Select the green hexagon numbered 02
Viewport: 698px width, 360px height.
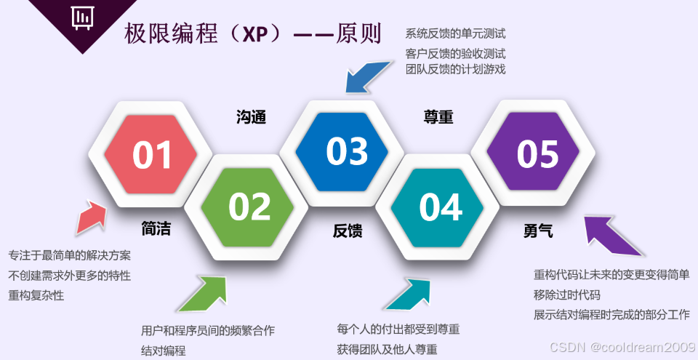pyautogui.click(x=249, y=207)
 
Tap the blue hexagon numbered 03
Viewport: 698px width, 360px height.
pyautogui.click(x=346, y=151)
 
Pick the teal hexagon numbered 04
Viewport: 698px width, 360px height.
pyautogui.click(x=441, y=207)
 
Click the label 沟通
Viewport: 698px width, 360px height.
pyautogui.click(x=251, y=116)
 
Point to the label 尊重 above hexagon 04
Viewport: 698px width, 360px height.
pyautogui.click(x=438, y=116)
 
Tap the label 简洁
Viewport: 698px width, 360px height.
pyautogui.click(x=156, y=229)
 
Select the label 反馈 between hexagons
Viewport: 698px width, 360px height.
pyautogui.click(x=348, y=231)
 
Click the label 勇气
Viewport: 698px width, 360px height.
pyautogui.click(x=538, y=231)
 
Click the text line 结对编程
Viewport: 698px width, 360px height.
pyautogui.click(x=164, y=351)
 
